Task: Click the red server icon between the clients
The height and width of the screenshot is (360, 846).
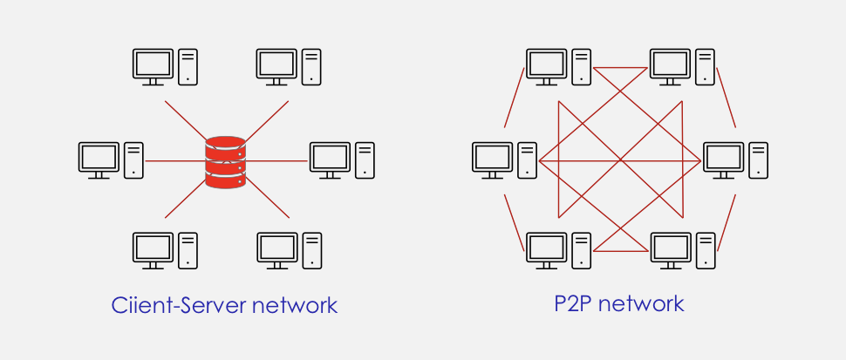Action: click(226, 161)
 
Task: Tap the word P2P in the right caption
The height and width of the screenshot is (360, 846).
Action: click(573, 303)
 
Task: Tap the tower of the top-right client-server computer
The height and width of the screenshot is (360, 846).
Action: click(312, 66)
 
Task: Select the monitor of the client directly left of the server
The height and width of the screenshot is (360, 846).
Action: click(99, 158)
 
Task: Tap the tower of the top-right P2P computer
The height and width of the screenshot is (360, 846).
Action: click(706, 66)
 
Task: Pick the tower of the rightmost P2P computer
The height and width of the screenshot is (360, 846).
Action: click(759, 160)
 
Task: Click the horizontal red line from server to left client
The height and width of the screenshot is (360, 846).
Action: click(174, 161)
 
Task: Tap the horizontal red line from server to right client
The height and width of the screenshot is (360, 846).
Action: click(277, 161)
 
